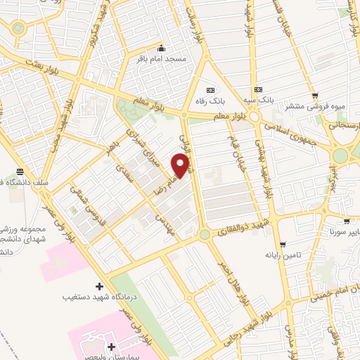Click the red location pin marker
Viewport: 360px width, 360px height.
(181, 166)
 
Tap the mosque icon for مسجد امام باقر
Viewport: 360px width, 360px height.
(162, 49)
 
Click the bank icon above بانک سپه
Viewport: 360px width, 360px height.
(259, 90)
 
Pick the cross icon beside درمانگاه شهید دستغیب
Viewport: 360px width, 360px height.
(99, 286)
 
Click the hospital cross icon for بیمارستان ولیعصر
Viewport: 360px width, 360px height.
(112, 347)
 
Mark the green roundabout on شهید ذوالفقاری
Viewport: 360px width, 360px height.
(204, 234)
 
